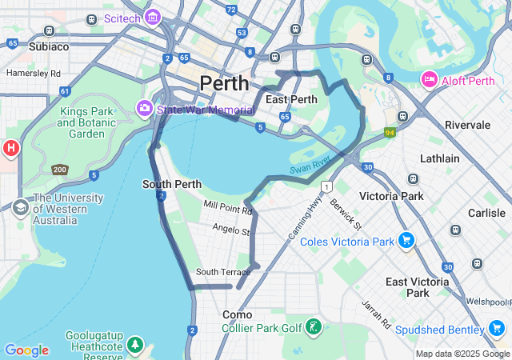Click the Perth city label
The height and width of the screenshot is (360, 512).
pos(224,83)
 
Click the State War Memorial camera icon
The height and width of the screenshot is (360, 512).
pos(145,108)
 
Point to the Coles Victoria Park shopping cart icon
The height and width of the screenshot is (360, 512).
pos(406,240)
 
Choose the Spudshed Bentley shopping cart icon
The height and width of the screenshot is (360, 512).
pos(496,329)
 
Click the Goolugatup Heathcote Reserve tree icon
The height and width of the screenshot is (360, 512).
pos(135,344)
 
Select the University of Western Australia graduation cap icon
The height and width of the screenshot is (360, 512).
pos(19,208)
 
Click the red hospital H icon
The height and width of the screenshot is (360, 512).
pos(10,148)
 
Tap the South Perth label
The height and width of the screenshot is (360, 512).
pos(172,184)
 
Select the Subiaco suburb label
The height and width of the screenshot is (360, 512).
pos(49,46)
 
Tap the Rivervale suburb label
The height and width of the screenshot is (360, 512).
pos(468,125)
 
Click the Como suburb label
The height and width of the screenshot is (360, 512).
pos(237,314)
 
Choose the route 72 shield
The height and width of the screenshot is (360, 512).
pos(231,10)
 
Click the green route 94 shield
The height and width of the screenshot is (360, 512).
pos(390,133)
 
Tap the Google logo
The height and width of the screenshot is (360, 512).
pos(26,350)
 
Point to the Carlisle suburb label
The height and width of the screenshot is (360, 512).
pos(486,213)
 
